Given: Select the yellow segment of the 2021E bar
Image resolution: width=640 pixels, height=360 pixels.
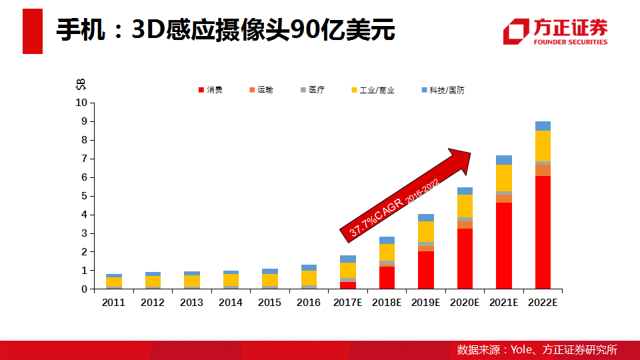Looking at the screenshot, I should tap(504, 177).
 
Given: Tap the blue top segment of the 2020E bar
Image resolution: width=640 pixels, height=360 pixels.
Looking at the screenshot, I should tap(465, 191).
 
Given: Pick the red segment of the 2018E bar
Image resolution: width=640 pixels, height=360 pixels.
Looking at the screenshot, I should tap(387, 277).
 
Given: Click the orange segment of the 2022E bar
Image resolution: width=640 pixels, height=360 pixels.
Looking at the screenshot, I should tap(543, 170).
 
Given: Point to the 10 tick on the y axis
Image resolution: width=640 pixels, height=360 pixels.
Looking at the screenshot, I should tap(81, 103).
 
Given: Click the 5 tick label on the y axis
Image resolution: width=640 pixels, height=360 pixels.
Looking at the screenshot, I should tap(84, 196).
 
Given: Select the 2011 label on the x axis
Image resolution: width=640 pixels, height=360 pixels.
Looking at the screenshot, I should tap(113, 302).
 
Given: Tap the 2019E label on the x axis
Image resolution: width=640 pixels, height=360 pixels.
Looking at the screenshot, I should tap(426, 302).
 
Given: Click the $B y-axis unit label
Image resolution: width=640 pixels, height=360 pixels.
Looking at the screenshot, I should tap(81, 85).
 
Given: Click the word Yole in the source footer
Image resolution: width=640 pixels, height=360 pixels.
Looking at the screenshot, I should tap(521, 349).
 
